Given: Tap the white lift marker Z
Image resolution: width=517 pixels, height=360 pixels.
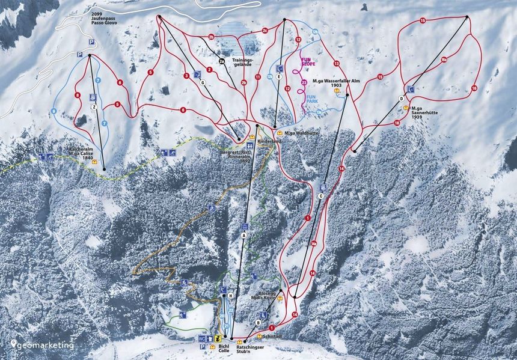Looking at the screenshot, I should [94, 107].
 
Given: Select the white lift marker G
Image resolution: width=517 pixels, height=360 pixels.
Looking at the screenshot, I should [203, 82].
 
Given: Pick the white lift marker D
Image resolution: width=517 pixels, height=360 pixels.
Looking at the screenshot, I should [401, 98].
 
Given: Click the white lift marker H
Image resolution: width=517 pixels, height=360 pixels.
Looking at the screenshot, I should [230, 295].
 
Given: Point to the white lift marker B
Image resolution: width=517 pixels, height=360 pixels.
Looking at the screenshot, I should [258, 322].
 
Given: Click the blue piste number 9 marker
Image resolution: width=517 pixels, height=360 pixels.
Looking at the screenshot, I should [54, 111].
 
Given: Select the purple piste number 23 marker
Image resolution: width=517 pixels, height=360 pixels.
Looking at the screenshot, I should [304, 82].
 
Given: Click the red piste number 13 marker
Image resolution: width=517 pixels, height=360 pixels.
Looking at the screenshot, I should [336, 64].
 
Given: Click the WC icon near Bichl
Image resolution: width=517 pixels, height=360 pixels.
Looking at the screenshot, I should [203, 339].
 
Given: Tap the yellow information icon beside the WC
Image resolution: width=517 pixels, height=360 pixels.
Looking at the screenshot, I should [212, 339].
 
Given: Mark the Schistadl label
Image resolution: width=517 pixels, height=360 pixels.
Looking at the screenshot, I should [272, 336].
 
